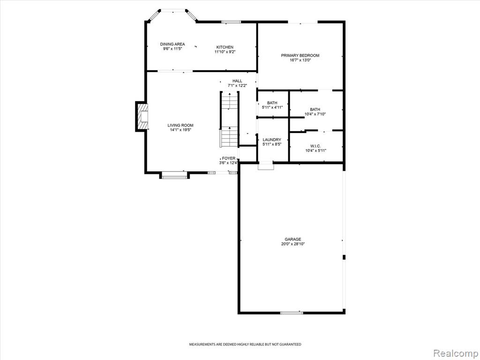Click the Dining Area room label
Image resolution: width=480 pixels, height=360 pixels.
(x=172, y=44)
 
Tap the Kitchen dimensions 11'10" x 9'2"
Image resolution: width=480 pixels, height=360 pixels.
(x=225, y=52)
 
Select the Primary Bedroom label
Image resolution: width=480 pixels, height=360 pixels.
(x=300, y=55)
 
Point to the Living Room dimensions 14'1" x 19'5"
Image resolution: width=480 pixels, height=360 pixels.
(x=180, y=130)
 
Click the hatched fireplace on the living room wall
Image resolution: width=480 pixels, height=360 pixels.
(x=142, y=117)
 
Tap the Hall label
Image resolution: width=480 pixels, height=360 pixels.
(x=237, y=81)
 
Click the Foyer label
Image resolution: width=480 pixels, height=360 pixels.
(x=229, y=158)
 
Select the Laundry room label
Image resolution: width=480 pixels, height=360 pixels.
(x=272, y=140)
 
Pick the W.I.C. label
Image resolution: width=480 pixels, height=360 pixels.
(x=315, y=146)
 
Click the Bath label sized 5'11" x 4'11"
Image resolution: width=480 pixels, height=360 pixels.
(x=272, y=103)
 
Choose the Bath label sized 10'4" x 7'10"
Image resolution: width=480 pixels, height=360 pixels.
(x=315, y=109)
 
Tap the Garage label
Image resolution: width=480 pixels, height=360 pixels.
(x=293, y=239)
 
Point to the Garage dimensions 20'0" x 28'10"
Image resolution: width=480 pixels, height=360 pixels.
(x=293, y=244)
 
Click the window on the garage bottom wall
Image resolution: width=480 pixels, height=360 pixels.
(x=292, y=313)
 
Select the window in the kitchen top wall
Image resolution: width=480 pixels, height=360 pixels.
(x=231, y=22)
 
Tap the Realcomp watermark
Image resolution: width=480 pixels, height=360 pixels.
(x=456, y=353)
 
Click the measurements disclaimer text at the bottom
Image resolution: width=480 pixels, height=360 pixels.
(x=245, y=345)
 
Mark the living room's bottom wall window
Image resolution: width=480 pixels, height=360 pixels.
(x=174, y=177)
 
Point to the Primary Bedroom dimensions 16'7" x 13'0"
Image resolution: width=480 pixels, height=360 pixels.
(x=300, y=60)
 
